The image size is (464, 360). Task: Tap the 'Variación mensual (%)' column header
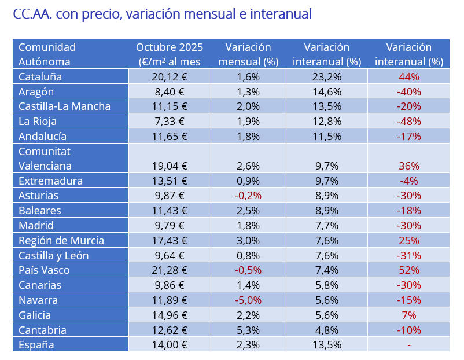(x=248, y=54)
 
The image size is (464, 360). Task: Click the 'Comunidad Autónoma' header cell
(x=47, y=54)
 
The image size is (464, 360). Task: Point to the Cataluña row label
(x=40, y=76)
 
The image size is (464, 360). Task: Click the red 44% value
(x=408, y=76)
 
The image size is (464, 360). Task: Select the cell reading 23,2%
(x=326, y=76)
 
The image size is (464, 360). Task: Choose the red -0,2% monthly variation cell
(x=248, y=196)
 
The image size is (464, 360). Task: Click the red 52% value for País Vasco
(x=408, y=270)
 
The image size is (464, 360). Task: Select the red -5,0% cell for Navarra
(x=248, y=300)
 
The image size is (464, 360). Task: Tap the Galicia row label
(x=35, y=315)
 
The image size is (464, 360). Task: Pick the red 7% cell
(x=408, y=315)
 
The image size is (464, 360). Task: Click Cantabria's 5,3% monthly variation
(x=248, y=330)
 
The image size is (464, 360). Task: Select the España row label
(x=36, y=345)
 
